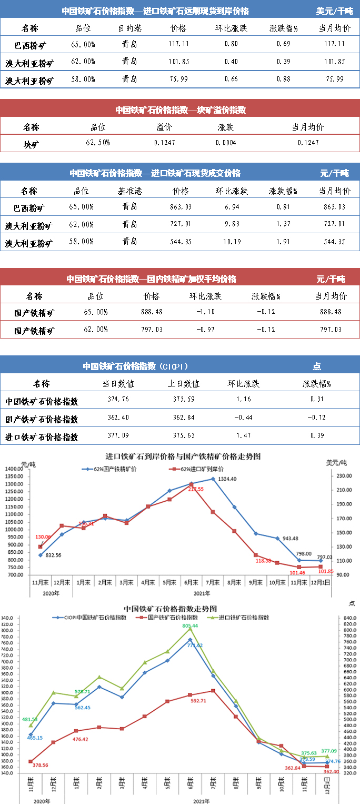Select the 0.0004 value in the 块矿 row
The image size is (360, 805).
click(226, 143)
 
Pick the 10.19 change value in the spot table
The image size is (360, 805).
click(232, 242)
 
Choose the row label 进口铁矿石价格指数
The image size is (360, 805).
click(42, 437)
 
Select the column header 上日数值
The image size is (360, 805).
click(186, 384)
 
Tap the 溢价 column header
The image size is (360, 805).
click(164, 127)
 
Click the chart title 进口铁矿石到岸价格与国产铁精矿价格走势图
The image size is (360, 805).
click(183, 456)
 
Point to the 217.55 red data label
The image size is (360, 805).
click(195, 489)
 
